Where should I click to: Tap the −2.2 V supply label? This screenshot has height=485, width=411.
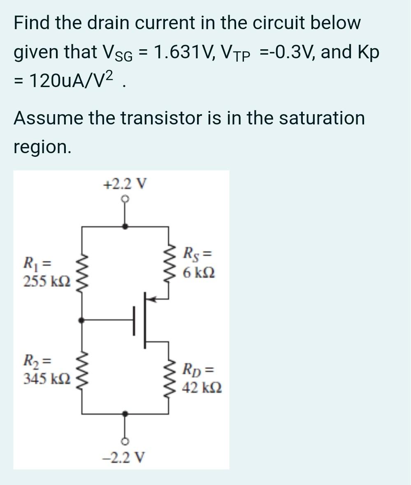(125, 457)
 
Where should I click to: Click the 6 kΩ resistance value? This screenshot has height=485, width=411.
(200, 272)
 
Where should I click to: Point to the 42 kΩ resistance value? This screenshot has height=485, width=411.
(202, 387)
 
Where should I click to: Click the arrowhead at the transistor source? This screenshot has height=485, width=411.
(152, 299)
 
